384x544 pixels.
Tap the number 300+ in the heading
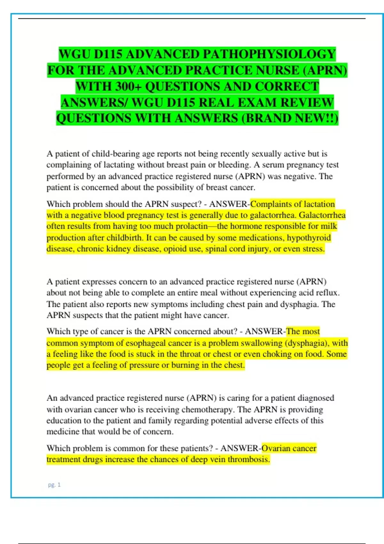tap(128, 86)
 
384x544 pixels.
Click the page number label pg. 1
tap(54, 485)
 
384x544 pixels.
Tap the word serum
tap(273, 165)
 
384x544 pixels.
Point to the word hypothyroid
tap(308, 237)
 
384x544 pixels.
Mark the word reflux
tap(328, 292)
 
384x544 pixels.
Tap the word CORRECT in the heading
tap(287, 86)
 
